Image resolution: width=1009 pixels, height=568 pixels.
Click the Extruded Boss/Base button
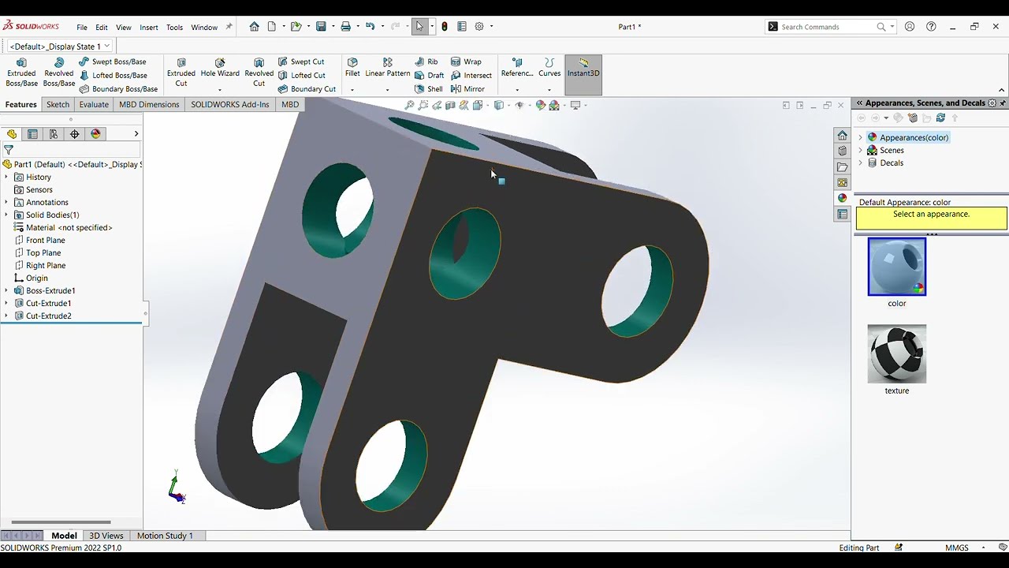(21, 72)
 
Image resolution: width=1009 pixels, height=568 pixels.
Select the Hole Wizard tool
(220, 68)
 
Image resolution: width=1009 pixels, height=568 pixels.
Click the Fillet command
(352, 67)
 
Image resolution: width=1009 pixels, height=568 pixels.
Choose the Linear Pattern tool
(387, 67)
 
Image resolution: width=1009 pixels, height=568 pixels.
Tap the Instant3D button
(583, 68)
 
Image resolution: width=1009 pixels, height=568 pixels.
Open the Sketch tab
(58, 104)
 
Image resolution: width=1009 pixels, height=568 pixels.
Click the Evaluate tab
(94, 104)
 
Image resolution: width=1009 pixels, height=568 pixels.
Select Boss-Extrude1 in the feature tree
(50, 290)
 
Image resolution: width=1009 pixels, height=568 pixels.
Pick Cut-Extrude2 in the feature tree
(48, 316)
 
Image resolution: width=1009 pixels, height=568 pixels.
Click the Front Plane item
(45, 240)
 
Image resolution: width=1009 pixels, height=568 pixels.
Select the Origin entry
(36, 278)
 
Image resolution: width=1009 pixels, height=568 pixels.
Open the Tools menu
(174, 27)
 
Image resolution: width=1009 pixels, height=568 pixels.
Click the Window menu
(204, 27)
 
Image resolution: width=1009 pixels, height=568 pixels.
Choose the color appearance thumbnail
(897, 267)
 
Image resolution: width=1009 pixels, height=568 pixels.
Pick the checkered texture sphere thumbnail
(897, 353)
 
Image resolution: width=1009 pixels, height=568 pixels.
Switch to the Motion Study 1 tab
(165, 536)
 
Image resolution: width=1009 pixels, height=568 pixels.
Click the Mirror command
(474, 89)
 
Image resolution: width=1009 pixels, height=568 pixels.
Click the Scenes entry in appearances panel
(892, 150)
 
